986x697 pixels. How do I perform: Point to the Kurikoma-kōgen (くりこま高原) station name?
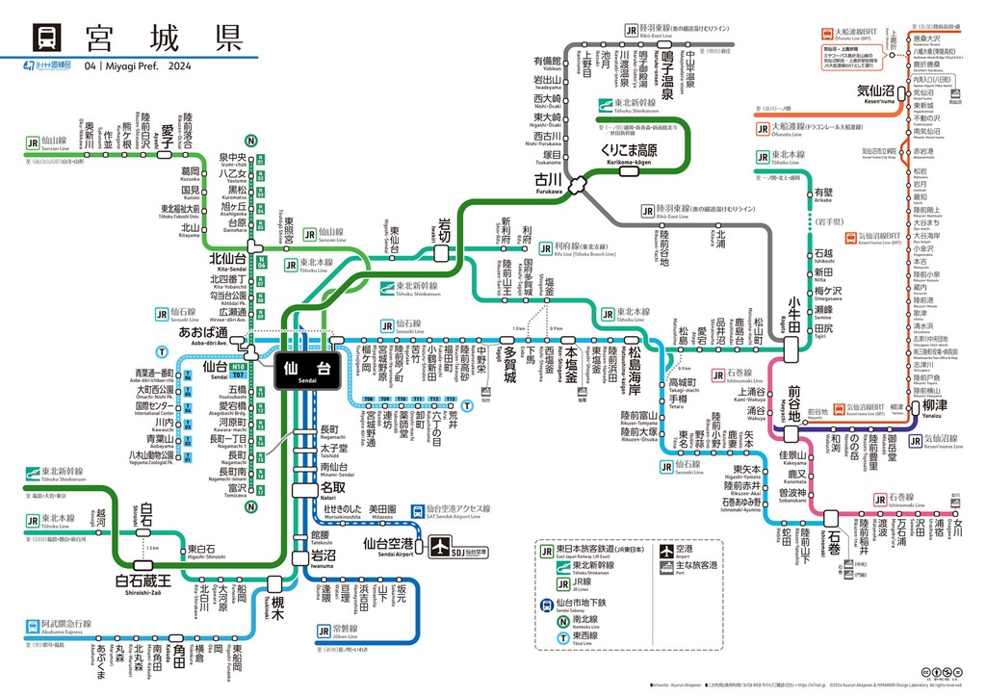[x=629, y=151]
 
